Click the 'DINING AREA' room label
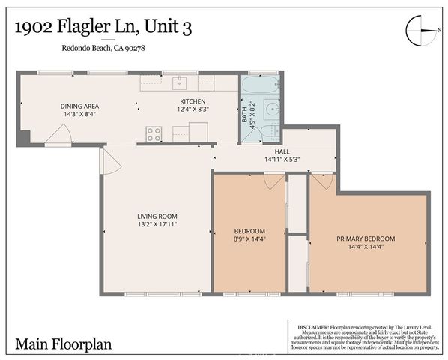[x=79, y=106]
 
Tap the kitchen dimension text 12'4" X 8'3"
[x=193, y=109]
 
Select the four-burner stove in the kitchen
[x=154, y=134]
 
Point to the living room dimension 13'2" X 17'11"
[x=157, y=224]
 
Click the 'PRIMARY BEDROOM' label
[x=365, y=238]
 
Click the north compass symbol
[x=420, y=31]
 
